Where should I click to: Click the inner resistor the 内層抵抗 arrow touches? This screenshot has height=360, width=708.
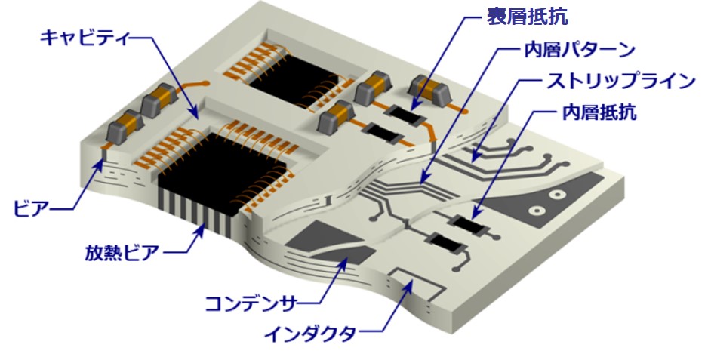468,225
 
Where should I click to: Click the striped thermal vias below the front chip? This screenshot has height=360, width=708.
198,212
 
